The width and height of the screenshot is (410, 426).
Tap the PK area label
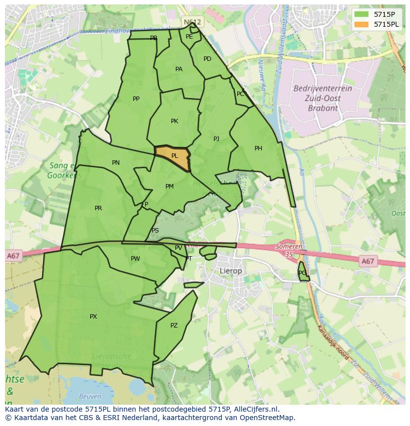pos(174,121)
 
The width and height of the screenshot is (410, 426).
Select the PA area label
pos(179,69)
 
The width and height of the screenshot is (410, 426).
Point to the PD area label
pos(207,59)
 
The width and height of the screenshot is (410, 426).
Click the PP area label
pos(136,99)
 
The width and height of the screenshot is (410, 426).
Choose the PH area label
pos(258,148)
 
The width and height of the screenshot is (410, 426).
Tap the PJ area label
pos(216,139)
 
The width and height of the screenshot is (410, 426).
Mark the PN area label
pos(116,163)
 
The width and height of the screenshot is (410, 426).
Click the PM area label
pos(169,187)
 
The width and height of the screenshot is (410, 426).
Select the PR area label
pos(98,208)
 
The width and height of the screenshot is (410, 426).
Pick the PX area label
pos(93,317)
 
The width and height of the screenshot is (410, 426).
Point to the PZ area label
pos(174,326)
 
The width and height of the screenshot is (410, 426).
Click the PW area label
pos(135,259)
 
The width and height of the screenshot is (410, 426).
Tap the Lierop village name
pos(231,271)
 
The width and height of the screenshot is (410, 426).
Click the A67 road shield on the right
pos(367,261)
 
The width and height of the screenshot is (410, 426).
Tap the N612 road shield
pos(192,22)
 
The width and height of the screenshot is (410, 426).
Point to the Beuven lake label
pos(90,396)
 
